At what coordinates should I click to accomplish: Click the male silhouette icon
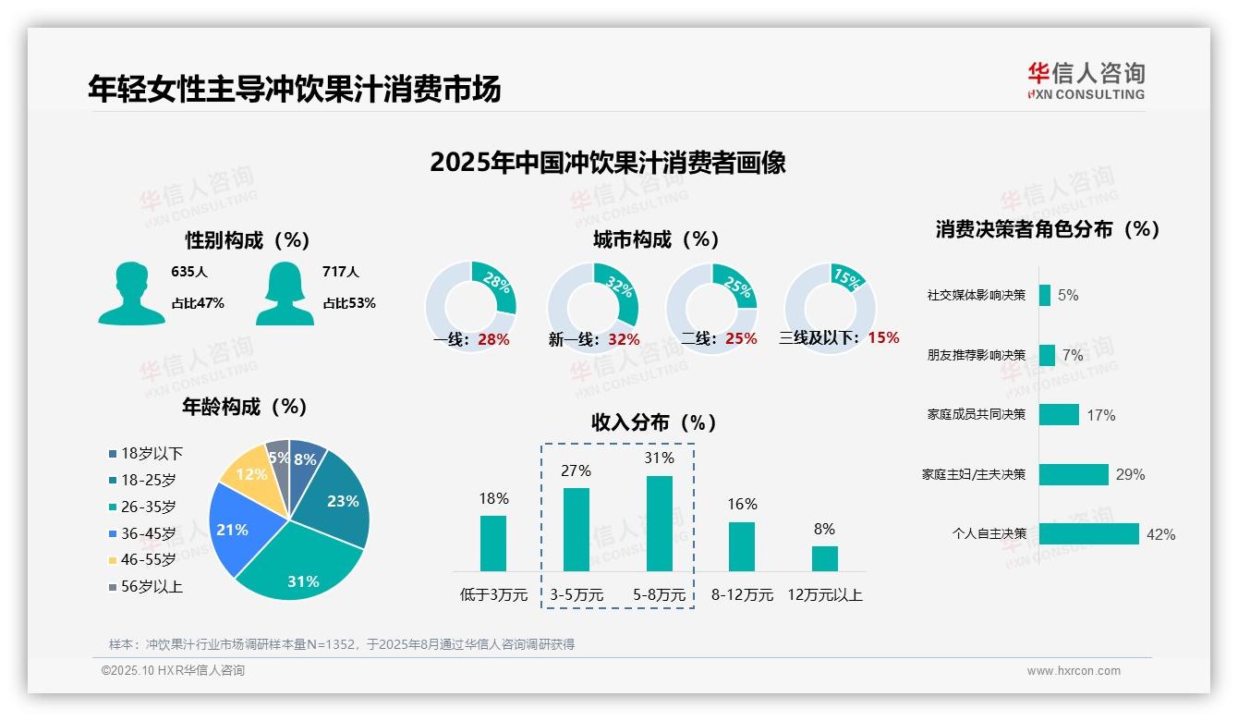tap(131, 293)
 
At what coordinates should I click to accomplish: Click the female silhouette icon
tap(285, 293)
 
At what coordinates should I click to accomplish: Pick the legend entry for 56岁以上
tap(145, 587)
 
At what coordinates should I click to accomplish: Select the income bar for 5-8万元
tap(659, 523)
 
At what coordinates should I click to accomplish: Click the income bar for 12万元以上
tap(824, 558)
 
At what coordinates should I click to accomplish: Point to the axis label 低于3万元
tap(492, 595)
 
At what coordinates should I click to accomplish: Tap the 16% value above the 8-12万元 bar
tap(742, 504)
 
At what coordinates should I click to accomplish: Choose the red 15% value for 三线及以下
tap(883, 338)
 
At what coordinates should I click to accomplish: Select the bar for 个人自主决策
tap(1088, 534)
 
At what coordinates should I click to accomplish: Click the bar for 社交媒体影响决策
tap(1044, 295)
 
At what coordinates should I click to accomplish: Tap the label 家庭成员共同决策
tap(977, 414)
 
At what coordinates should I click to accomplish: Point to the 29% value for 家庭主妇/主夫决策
tap(1130, 474)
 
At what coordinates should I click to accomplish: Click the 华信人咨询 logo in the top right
tap(1086, 80)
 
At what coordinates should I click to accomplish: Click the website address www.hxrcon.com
tap(1074, 671)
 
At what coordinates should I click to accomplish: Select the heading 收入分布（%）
tap(654, 422)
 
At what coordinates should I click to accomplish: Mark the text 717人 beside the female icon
tap(341, 272)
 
